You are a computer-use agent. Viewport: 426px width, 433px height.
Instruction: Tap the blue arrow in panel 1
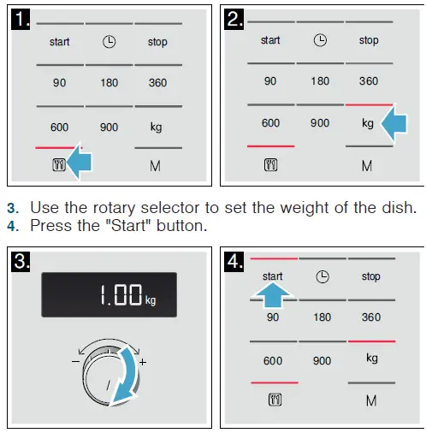88,163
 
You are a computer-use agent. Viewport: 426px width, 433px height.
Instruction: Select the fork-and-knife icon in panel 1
59,165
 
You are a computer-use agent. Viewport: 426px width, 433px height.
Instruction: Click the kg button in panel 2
368,123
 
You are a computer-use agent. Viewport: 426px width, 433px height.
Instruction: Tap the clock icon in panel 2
321,40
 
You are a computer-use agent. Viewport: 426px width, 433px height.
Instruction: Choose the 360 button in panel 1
157,82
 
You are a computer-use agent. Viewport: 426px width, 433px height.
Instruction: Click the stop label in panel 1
157,42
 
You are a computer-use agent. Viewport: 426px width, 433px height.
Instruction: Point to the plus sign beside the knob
143,362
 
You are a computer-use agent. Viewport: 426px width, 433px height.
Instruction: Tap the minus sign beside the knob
74,362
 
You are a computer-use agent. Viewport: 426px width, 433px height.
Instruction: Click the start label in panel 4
273,276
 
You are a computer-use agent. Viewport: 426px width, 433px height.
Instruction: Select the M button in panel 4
371,400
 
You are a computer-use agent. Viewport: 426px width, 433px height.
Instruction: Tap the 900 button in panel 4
322,360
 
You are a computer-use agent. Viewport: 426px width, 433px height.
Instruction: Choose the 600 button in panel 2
271,123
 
